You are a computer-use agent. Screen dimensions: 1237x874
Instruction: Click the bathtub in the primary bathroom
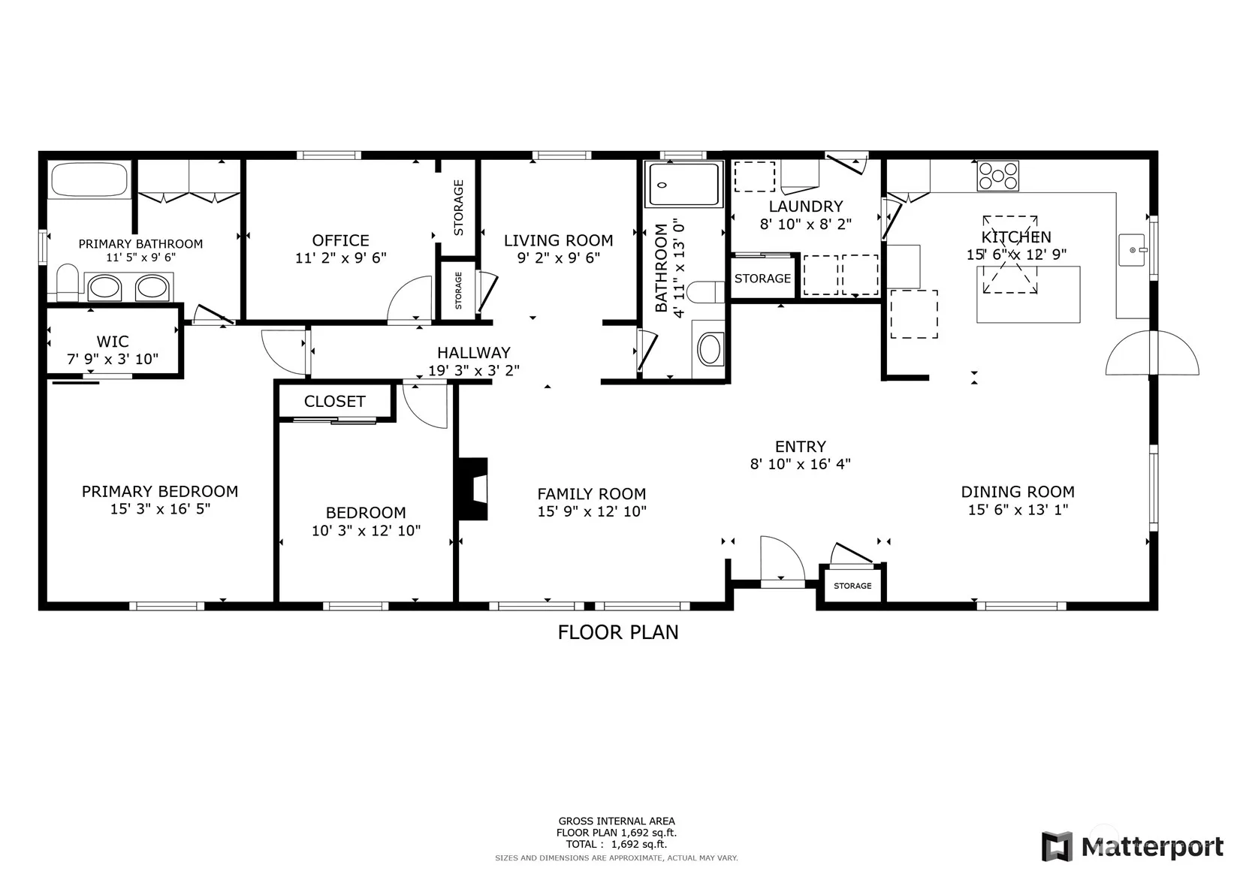coord(89,179)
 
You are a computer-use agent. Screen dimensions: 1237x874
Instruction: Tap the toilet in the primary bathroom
coord(68,282)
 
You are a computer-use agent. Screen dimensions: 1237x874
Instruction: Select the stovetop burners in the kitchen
coord(998,176)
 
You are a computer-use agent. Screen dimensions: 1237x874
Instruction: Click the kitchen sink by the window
coord(1133,250)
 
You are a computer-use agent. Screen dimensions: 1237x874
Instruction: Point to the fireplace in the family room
coord(472,489)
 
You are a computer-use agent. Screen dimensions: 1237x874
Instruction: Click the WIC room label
coord(113,342)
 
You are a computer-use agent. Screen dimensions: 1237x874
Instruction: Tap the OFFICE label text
coord(341,241)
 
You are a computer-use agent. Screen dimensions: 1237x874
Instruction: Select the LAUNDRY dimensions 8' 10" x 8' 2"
coord(806,225)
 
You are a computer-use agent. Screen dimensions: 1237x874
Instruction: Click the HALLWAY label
coord(474,353)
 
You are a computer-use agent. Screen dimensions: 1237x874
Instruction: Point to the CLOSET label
coord(335,402)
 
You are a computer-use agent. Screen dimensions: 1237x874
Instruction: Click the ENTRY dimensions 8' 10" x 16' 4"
coord(800,464)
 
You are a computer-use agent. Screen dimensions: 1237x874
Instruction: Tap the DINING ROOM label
coord(1018,492)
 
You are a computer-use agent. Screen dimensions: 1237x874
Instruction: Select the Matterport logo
coord(1132,846)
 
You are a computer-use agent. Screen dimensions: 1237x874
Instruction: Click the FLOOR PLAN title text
coord(618,633)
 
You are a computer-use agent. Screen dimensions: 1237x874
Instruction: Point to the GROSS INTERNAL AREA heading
coord(617,821)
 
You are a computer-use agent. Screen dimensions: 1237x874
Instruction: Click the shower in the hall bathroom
coord(683,185)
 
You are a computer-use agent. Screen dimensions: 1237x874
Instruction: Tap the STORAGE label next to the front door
coord(852,586)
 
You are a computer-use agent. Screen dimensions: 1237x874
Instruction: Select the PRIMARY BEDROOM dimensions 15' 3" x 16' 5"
coord(160,509)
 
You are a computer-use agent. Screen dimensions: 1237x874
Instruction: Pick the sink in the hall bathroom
coord(710,349)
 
